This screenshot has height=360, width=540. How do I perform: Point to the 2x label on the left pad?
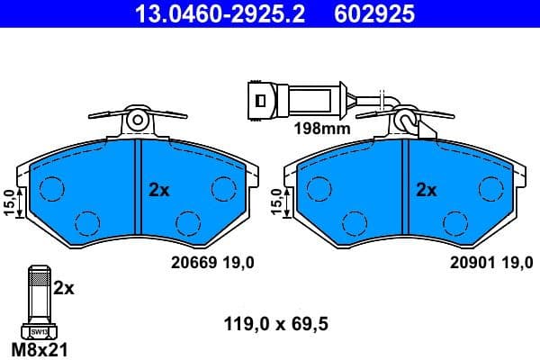pos(159,190)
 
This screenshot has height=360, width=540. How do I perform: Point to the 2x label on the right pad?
pos(426,190)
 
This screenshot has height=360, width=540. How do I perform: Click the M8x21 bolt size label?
pos(39,347)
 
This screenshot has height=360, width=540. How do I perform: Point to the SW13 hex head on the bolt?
pos(39,331)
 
